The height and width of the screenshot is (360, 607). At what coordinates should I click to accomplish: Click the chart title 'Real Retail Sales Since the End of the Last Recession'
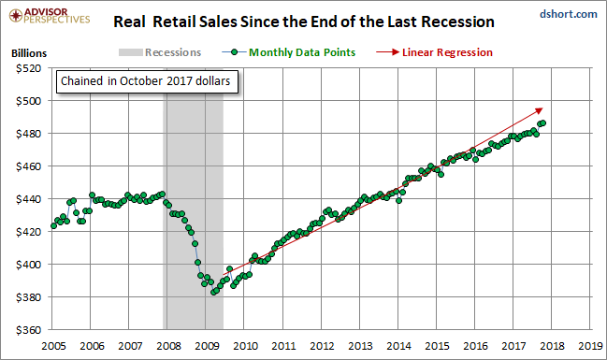[304, 22]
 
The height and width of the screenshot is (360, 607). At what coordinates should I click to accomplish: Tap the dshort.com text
[569, 14]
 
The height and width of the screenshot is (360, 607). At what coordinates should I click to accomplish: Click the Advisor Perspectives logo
[50, 16]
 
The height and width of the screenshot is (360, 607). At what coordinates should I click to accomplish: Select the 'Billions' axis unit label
[29, 53]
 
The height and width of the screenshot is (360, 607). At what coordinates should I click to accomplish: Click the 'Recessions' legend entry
[160, 52]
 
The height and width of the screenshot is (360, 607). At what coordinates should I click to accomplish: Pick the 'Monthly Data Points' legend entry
[289, 52]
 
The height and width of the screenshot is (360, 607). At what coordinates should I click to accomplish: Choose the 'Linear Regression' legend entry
[434, 52]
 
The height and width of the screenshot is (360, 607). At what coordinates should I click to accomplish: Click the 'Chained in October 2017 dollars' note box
[147, 81]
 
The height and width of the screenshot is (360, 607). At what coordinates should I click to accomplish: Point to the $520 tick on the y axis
[28, 68]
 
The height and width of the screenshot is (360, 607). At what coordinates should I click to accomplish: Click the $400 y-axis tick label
[28, 265]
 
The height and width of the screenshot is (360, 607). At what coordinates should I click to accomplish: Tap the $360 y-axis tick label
[28, 330]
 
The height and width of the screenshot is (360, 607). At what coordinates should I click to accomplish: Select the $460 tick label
[28, 166]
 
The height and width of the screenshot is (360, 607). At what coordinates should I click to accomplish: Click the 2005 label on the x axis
[53, 346]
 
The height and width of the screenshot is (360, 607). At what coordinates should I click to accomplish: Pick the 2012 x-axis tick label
[322, 346]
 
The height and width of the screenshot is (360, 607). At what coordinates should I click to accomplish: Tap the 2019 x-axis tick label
[590, 346]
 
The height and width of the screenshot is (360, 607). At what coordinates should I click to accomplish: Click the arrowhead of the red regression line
[540, 110]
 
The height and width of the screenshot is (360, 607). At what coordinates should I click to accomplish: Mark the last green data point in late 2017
[543, 123]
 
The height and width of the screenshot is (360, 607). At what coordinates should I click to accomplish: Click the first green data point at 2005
[54, 226]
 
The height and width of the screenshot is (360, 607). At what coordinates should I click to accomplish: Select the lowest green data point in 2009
[213, 293]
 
